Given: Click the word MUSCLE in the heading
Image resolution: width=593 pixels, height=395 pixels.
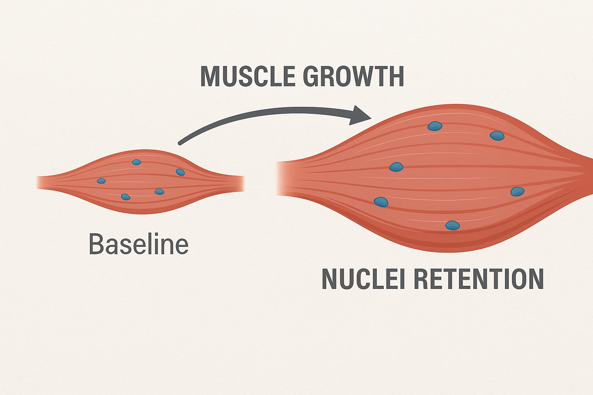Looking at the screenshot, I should point(247,76).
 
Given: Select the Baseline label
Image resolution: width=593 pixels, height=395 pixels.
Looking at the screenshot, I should point(138,244).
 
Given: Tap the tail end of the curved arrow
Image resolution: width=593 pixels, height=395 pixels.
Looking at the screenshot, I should point(180,143).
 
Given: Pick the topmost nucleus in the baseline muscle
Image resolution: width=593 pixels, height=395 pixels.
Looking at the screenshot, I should point(136,162).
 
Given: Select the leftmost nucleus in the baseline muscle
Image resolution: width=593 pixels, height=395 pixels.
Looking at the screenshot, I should point(101,181).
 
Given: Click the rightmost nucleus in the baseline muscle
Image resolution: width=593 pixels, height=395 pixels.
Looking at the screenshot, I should point(180,172).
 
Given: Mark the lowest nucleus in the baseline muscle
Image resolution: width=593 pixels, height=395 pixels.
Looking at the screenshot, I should point(125,197).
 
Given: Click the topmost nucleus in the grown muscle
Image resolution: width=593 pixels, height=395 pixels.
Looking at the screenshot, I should point(435,126).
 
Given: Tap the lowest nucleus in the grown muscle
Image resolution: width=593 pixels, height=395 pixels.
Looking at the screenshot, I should point(452,225).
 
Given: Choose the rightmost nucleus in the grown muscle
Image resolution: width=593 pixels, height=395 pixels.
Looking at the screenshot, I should point(517,192).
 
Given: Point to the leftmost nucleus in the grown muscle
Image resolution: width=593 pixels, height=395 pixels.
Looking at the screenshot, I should point(381,202).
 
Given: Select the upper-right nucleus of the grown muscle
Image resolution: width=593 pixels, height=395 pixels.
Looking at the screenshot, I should point(497,136).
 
